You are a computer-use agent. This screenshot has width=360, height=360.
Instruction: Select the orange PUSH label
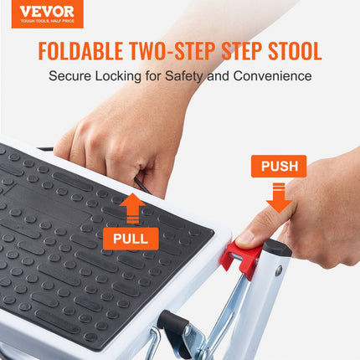pyautogui.click(x=279, y=166)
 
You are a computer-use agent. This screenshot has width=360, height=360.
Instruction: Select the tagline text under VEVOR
pyautogui.click(x=42, y=23)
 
